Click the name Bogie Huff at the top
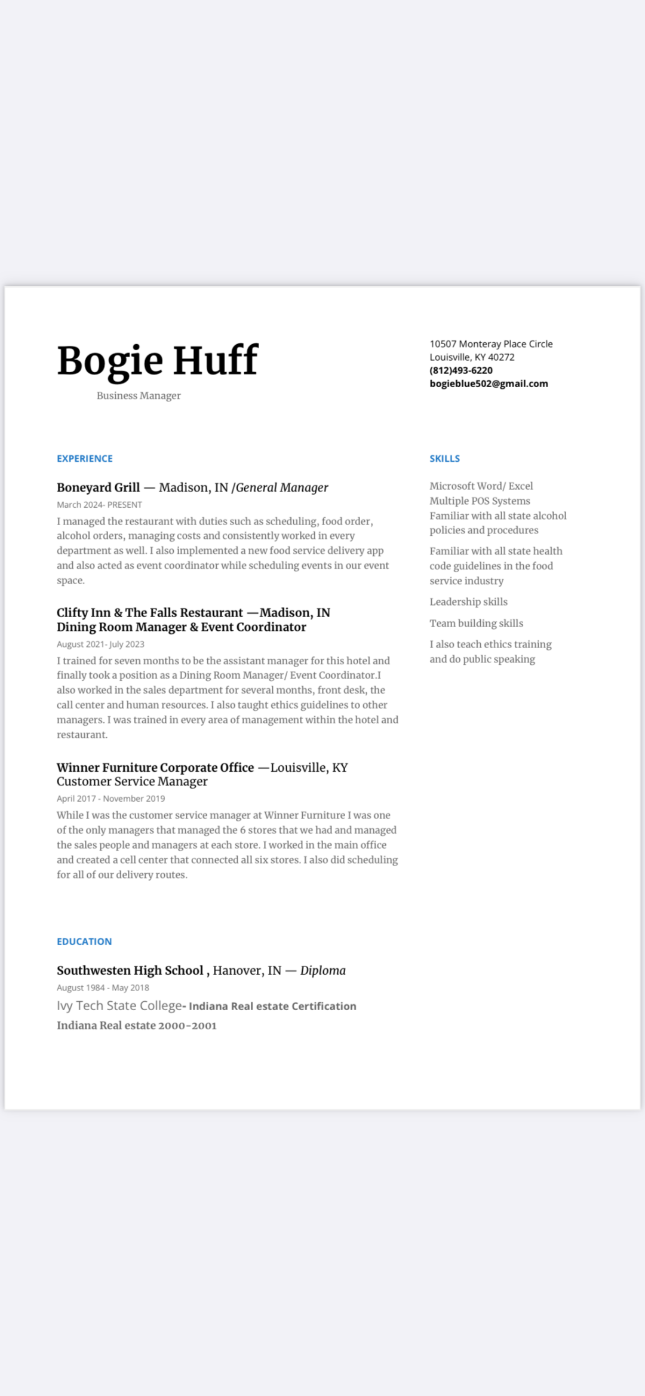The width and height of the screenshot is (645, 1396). pyautogui.click(x=158, y=360)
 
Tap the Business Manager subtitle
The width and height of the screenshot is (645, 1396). pyautogui.click(x=139, y=395)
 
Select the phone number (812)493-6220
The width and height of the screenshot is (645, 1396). pyautogui.click(x=461, y=370)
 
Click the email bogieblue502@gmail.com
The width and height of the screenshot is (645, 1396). pyautogui.click(x=489, y=383)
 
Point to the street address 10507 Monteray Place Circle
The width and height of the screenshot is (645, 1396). pyautogui.click(x=491, y=344)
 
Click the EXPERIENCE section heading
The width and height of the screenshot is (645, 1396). pyautogui.click(x=85, y=459)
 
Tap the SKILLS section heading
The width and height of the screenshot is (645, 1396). pyautogui.click(x=445, y=459)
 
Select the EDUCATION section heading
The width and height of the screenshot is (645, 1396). pyautogui.click(x=84, y=941)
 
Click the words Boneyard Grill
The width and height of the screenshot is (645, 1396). pyautogui.click(x=99, y=487)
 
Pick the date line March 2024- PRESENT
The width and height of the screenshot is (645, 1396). pyautogui.click(x=99, y=505)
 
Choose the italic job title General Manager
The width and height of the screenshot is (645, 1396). pyautogui.click(x=282, y=487)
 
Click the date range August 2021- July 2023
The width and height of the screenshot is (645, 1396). pyautogui.click(x=100, y=644)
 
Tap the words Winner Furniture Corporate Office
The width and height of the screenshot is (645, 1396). pyautogui.click(x=155, y=768)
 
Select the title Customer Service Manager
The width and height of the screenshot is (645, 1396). pyautogui.click(x=132, y=781)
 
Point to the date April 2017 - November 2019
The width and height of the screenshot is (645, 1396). pyautogui.click(x=110, y=799)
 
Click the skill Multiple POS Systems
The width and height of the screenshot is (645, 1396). pyautogui.click(x=480, y=501)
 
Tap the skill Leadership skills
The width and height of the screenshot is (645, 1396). pyautogui.click(x=468, y=602)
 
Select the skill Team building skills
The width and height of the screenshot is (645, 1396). pyautogui.click(x=476, y=623)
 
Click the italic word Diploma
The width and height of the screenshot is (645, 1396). pyautogui.click(x=322, y=970)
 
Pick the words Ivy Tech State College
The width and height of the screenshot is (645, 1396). pyautogui.click(x=119, y=1006)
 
